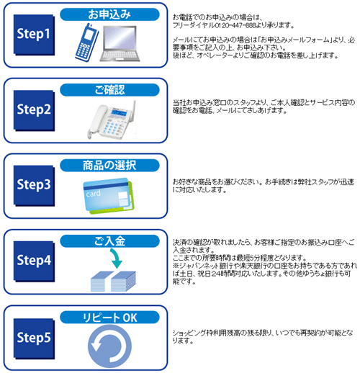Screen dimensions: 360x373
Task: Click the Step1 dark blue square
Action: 34,35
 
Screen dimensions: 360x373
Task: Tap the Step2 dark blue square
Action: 34,111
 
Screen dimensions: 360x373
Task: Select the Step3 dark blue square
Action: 34,186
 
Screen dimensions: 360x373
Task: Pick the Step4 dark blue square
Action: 34,261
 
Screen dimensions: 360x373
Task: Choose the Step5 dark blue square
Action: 34,338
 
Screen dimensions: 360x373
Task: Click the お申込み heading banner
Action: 109,14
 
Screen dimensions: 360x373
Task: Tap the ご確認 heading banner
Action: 109,90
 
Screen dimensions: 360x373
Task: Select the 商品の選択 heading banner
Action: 109,166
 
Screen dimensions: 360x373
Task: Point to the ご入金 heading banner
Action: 109,241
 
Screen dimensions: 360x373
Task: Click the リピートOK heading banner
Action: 109,318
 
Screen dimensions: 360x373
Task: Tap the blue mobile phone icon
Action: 86,42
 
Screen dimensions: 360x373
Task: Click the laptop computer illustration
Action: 120,43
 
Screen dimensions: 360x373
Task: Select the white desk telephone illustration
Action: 111,120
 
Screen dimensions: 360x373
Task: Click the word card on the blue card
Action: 94,193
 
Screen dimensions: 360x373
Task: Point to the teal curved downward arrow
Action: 116,258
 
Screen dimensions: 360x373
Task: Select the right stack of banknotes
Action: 123,282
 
